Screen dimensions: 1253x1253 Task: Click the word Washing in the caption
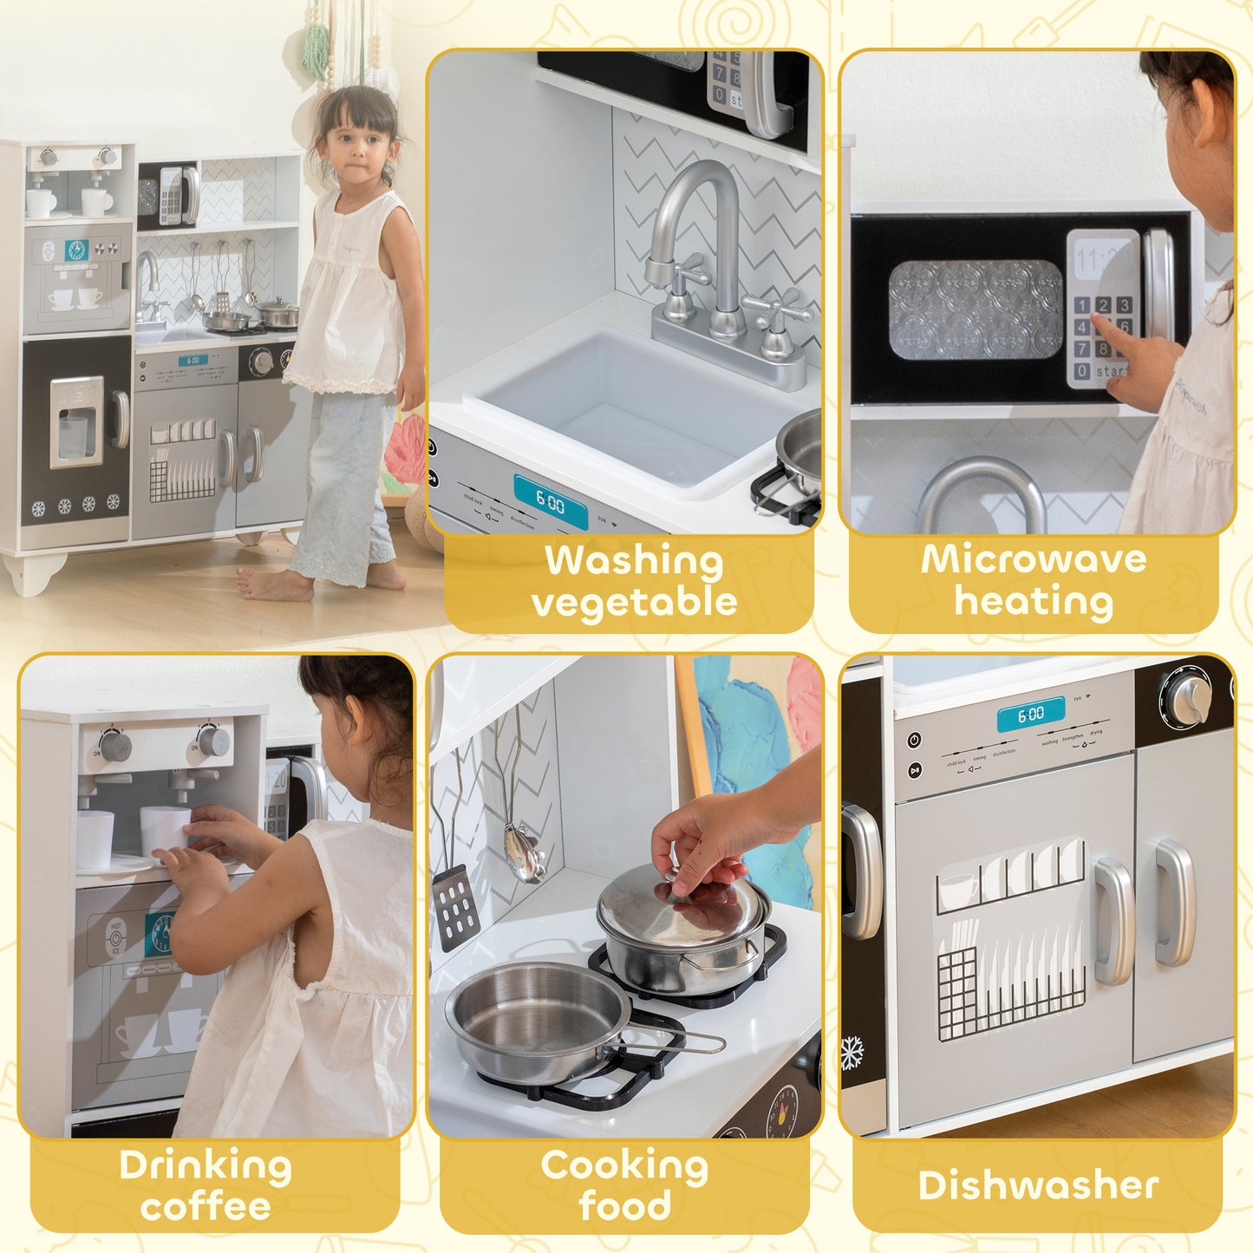click(633, 561)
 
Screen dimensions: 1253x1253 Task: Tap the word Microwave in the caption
click(1033, 559)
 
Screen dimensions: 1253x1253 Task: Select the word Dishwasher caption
click(1038, 1185)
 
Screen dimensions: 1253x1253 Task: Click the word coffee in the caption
click(206, 1206)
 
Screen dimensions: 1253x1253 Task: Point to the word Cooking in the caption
click(624, 1166)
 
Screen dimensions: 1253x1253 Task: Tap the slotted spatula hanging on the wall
click(456, 905)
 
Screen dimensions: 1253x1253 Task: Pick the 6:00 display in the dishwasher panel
click(1030, 715)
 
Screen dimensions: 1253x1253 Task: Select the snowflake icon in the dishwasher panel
click(852, 1054)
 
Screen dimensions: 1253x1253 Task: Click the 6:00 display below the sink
click(551, 501)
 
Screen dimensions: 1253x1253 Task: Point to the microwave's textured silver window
click(975, 310)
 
